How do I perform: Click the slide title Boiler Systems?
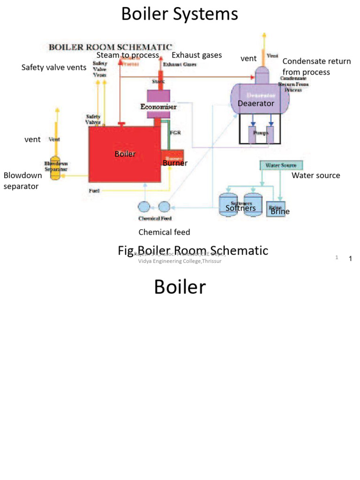(180, 14)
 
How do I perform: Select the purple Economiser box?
(158, 103)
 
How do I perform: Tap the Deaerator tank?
(259, 100)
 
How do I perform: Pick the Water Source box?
(281, 165)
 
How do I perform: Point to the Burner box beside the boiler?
(172, 158)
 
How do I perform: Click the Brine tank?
(275, 208)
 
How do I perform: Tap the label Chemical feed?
(164, 232)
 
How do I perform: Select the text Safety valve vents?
(54, 67)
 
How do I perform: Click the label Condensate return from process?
(316, 67)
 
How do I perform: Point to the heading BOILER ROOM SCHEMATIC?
(111, 47)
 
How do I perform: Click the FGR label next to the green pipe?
(175, 133)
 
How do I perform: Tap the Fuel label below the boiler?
(94, 191)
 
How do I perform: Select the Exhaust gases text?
(196, 55)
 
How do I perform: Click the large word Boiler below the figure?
(180, 287)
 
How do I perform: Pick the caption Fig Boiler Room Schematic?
(193, 251)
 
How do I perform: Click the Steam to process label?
(127, 55)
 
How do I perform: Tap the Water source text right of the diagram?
(315, 175)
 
